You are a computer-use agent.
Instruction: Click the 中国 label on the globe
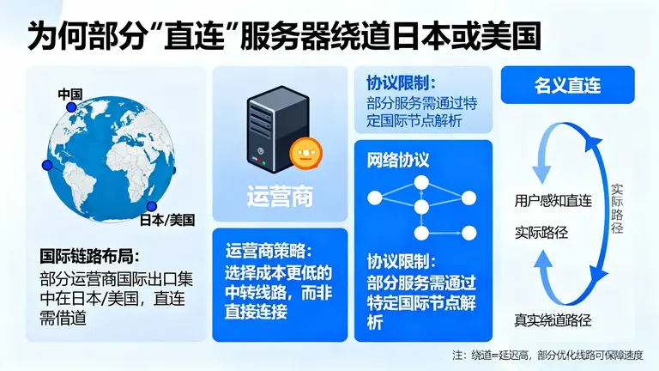pos(70,94)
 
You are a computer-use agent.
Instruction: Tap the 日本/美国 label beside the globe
pos(168,220)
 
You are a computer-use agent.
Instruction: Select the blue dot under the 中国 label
pos(72,106)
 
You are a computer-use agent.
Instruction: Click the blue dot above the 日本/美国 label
pos(151,206)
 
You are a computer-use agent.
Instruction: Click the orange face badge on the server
pos(303,155)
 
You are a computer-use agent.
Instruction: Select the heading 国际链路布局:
pos(89,256)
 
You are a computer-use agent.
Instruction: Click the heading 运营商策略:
pos(269,251)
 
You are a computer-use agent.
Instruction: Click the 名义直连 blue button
pos(568,86)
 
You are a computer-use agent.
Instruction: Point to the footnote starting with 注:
pos(548,355)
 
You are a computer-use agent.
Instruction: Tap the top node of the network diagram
pos(421,182)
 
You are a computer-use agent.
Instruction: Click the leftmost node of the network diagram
pos(374,198)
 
